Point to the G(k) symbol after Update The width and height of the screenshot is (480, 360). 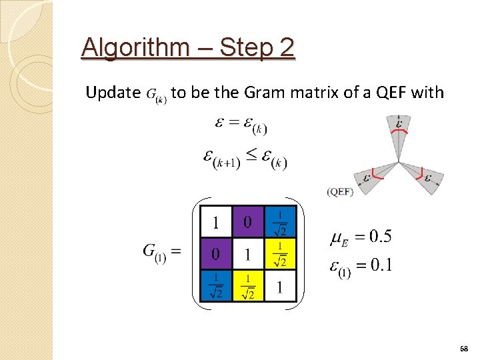[x=157, y=94]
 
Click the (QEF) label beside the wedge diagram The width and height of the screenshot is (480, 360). [x=340, y=191]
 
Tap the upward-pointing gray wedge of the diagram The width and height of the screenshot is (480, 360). [x=399, y=133]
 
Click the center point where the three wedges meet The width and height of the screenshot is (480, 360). [x=399, y=162]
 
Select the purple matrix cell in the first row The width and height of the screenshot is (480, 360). [x=248, y=221]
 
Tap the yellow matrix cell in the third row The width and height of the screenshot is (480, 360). [x=248, y=285]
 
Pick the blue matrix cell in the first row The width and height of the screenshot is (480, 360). [x=280, y=221]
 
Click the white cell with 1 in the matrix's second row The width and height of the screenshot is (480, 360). [x=248, y=253]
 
